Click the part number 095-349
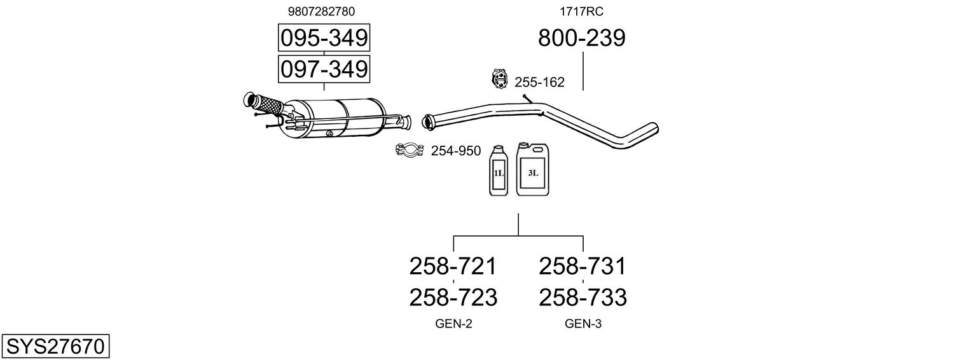click(x=324, y=38)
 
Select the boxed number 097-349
click(x=324, y=69)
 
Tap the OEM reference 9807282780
click(x=321, y=11)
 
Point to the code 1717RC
click(x=581, y=11)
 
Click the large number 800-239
click(x=581, y=38)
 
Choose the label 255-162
click(x=539, y=83)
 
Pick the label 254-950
click(x=456, y=151)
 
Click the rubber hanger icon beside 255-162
click(x=500, y=80)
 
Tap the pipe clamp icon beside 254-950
click(x=410, y=151)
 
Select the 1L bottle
click(x=499, y=171)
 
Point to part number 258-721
click(x=453, y=267)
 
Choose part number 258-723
click(x=453, y=297)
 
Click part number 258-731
click(x=583, y=267)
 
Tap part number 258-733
click(x=583, y=297)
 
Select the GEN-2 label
click(x=453, y=324)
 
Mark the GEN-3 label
click(x=583, y=324)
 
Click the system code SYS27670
click(x=55, y=347)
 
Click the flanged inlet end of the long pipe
click(x=427, y=121)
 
